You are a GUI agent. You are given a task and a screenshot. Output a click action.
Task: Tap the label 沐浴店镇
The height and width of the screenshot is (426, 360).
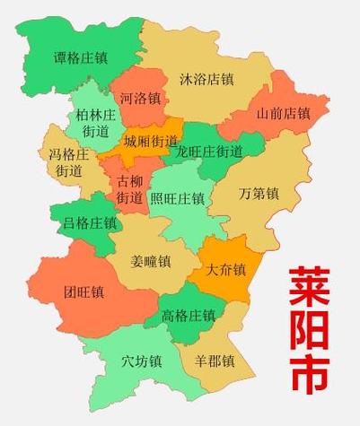pyautogui.click(x=207, y=79)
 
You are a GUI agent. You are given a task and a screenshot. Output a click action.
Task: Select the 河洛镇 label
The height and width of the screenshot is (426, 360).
pyautogui.click(x=140, y=97)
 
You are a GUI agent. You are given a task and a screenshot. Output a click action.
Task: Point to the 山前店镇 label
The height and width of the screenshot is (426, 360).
pyautogui.click(x=283, y=114)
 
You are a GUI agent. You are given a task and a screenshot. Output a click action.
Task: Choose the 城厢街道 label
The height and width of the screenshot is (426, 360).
pyautogui.click(x=151, y=142)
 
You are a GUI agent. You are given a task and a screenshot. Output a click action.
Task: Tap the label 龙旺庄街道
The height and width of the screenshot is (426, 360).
pyautogui.click(x=210, y=151)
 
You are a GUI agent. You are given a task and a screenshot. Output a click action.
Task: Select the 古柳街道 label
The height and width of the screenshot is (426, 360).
pyautogui.click(x=129, y=188)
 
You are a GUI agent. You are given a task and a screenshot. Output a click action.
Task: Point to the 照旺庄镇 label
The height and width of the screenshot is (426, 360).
pyautogui.click(x=177, y=198)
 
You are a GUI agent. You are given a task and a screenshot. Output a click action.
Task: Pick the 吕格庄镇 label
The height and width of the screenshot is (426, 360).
pyautogui.click(x=89, y=222)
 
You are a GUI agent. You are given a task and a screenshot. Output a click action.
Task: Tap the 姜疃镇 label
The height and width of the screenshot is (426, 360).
pyautogui.click(x=150, y=263)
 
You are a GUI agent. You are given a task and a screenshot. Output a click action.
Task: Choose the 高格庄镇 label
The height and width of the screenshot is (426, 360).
pyautogui.click(x=189, y=316)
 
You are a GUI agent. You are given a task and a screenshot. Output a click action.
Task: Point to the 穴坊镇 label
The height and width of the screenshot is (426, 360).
pyautogui.click(x=141, y=362)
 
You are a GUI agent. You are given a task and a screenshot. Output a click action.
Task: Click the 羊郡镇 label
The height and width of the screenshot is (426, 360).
pyautogui.click(x=215, y=361)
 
